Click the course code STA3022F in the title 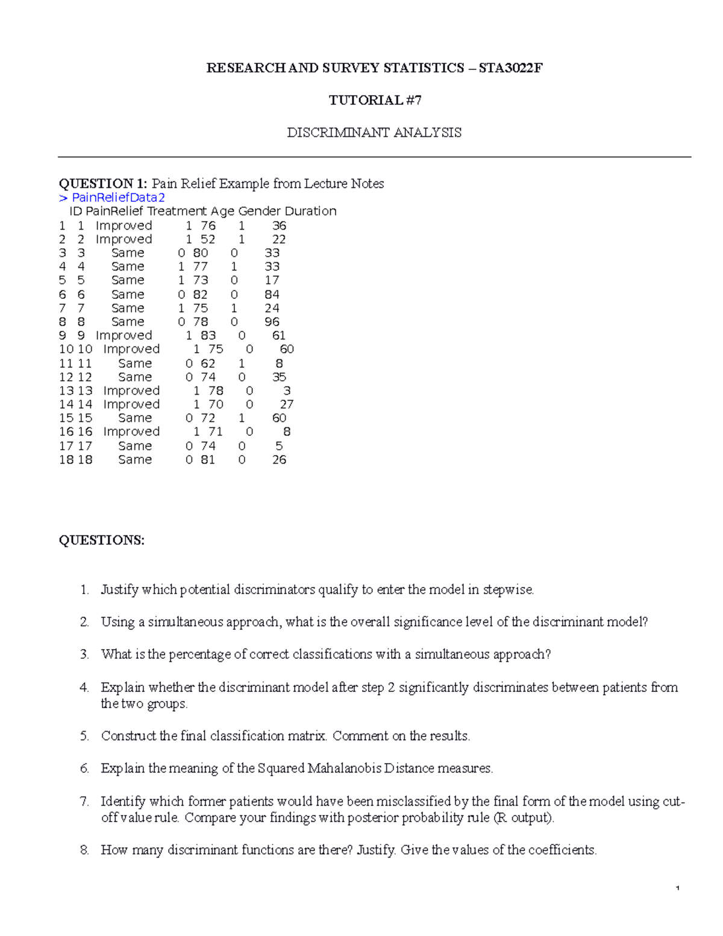click(x=511, y=68)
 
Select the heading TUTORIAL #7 click(x=375, y=100)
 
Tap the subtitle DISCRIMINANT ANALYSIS click(x=374, y=133)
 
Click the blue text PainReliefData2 click(x=118, y=198)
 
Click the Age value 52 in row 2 click(x=208, y=239)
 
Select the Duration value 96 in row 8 click(x=272, y=322)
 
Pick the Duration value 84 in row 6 click(x=272, y=295)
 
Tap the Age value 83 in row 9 click(x=208, y=336)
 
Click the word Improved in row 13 click(x=131, y=391)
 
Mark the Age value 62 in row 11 click(x=208, y=363)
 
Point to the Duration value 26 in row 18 click(x=279, y=460)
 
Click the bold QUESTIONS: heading click(x=101, y=540)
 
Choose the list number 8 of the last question click(x=84, y=850)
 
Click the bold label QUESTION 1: click(x=102, y=184)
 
